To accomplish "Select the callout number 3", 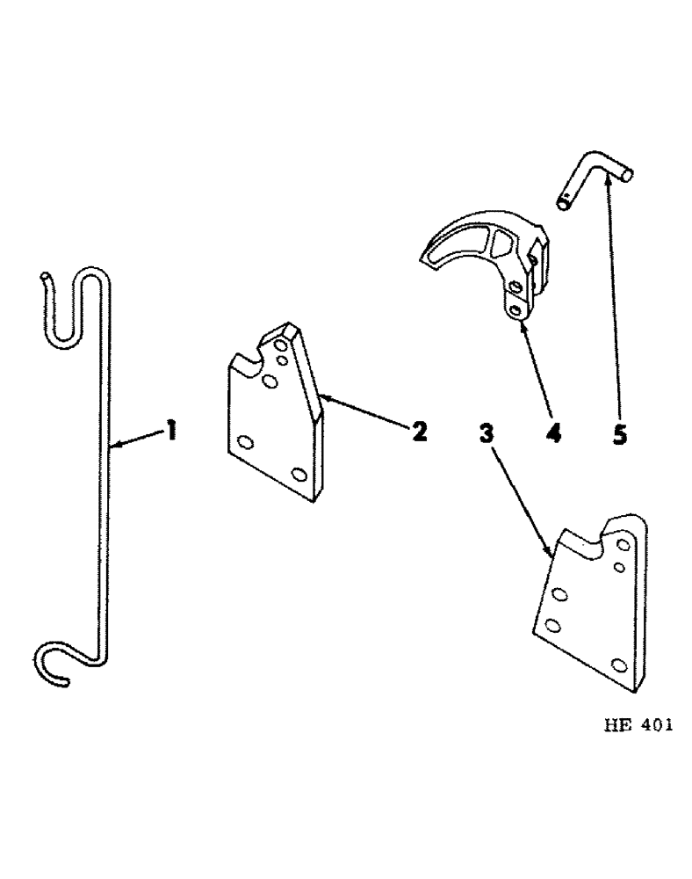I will (488, 432).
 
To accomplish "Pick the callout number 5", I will (620, 432).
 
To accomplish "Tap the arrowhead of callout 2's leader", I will (321, 397).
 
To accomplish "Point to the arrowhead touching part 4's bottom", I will (523, 325).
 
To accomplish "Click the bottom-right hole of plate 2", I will (299, 475).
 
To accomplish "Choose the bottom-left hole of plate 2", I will (245, 444).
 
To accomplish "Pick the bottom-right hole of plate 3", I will (620, 664).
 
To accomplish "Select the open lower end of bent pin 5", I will (564, 204).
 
